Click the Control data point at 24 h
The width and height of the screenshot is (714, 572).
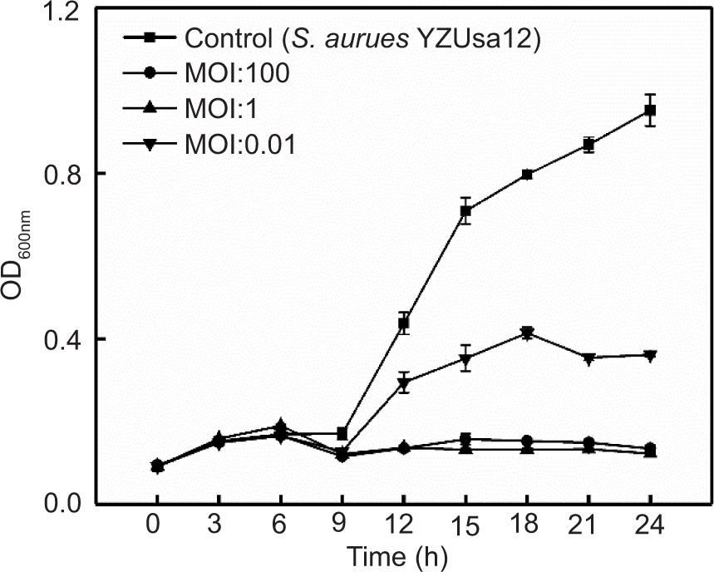pos(651,111)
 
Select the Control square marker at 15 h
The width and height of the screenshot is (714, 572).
pos(465,211)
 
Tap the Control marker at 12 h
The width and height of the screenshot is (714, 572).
pos(404,323)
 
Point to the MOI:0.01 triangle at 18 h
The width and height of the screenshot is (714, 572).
pos(527,333)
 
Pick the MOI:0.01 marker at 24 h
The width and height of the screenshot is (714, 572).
pos(651,356)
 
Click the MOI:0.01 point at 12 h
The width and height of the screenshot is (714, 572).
pos(404,383)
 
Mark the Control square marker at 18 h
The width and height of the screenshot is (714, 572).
pos(527,175)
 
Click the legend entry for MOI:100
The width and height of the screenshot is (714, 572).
pos(238,73)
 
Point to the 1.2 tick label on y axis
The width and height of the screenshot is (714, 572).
pos(62,13)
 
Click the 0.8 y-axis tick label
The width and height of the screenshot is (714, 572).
pos(62,174)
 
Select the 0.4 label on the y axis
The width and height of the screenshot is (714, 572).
pos(62,339)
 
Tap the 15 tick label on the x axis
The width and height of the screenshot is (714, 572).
pos(465,526)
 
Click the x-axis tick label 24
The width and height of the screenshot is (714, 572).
pos(651,525)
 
